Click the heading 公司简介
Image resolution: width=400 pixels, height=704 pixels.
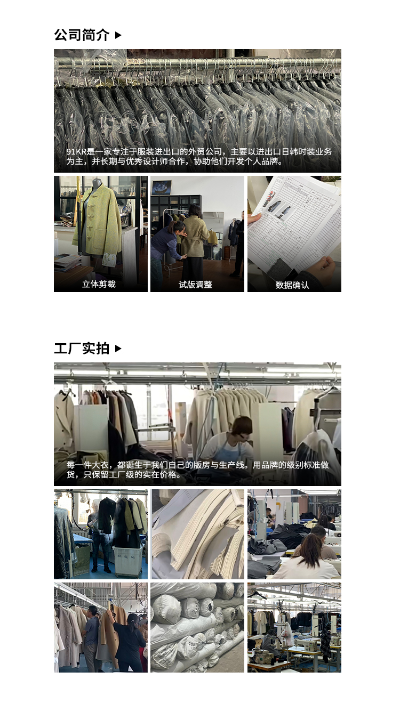point(81,35)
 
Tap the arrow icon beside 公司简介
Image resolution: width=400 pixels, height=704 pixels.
point(118,35)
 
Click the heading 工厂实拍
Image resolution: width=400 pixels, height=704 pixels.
point(81,349)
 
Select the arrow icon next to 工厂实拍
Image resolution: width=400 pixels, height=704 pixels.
point(118,349)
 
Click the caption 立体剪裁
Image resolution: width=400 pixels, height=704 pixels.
point(99,284)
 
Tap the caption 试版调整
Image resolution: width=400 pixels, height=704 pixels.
point(195,285)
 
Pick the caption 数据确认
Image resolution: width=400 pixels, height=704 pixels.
point(292,285)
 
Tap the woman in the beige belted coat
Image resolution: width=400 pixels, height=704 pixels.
point(195,234)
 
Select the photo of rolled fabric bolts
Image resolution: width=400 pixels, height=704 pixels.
point(197,627)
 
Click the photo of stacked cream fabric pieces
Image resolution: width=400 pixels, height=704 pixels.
point(197,535)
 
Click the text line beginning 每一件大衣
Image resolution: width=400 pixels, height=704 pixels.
point(197,465)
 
